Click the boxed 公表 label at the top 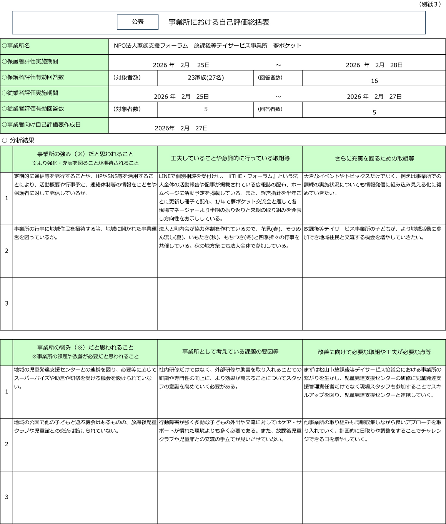138,22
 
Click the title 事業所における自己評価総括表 219,22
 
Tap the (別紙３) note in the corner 429,4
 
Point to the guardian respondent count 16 374,81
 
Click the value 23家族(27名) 206,78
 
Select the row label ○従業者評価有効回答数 33,109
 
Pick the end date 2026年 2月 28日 374,65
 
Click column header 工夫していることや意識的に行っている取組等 230,159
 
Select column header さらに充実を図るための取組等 374,159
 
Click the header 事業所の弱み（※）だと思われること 85,348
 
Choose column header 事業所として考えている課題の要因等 230,352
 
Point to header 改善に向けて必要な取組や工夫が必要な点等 374,352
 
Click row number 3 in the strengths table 7,303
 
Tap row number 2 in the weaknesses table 7,444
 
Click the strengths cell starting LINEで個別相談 230,197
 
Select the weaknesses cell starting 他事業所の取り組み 373,431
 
